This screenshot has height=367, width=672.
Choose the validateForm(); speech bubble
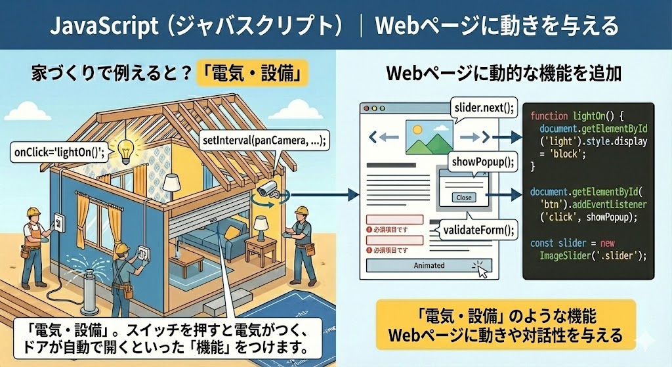point(478,230)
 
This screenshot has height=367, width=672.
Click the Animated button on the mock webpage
point(430,265)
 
